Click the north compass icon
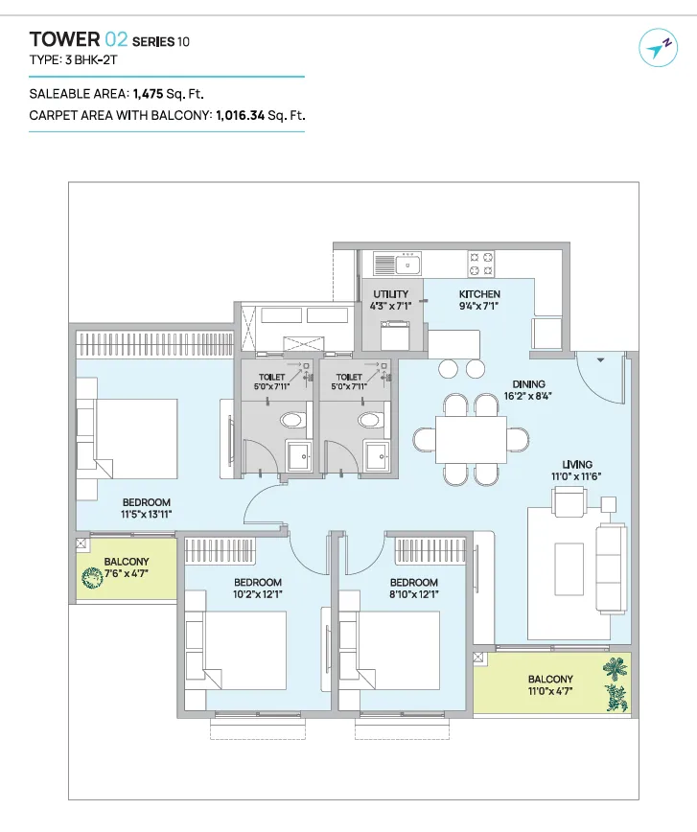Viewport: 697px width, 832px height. pos(659,48)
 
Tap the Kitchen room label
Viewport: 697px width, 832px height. pos(479,294)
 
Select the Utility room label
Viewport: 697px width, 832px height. pos(391,294)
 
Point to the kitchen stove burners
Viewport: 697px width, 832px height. pos(481,264)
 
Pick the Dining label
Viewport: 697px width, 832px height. pos(528,384)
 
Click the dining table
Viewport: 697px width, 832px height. pos(471,440)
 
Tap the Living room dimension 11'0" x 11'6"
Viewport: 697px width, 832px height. pos(576,476)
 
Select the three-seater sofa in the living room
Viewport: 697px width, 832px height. pos(611,567)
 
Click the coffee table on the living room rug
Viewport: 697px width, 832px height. pos(569,569)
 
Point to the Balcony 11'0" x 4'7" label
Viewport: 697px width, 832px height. pos(550,685)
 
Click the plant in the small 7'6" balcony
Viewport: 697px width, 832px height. pos(92,578)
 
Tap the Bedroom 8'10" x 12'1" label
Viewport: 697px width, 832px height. pos(414,589)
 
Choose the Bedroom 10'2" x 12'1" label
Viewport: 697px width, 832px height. pos(258,589)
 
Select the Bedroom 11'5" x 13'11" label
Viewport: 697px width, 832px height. pos(147,508)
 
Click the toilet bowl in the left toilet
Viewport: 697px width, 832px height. pos(292,420)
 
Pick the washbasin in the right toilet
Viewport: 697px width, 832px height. pos(378,456)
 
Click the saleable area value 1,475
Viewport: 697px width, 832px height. pos(148,94)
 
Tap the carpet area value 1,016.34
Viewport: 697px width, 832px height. pos(240,115)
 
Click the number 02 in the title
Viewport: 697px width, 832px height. pos(116,39)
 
